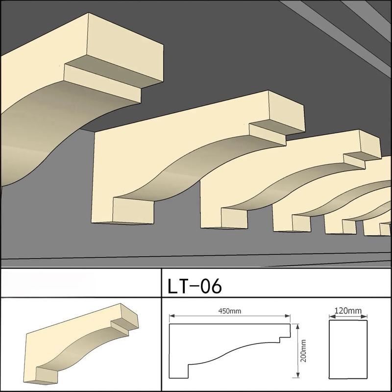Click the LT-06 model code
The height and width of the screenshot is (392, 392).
click(x=195, y=286)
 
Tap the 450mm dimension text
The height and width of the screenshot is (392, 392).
click(x=230, y=311)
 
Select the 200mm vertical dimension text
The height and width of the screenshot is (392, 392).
click(x=303, y=351)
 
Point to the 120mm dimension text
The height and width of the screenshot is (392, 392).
click(x=348, y=311)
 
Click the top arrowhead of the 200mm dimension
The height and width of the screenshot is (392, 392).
click(x=297, y=326)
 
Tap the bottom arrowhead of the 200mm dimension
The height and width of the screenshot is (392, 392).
click(x=297, y=375)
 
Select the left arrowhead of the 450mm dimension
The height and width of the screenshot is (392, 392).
click(x=172, y=316)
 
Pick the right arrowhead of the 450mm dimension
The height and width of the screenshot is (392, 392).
click(x=288, y=316)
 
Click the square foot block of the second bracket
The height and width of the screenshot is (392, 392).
click(x=133, y=210)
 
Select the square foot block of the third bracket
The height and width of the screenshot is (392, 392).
click(x=234, y=218)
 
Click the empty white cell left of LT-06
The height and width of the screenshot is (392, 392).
click(x=81, y=283)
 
